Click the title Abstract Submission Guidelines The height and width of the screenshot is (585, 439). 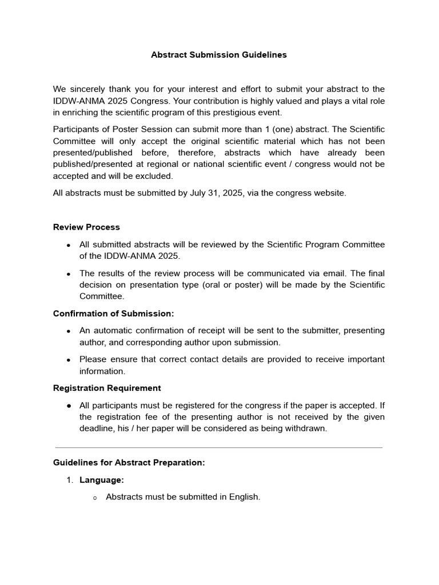coord(219,55)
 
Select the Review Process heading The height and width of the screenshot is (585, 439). coord(86,227)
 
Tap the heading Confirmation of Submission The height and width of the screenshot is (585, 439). coord(113,313)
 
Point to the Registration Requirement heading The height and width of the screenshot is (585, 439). coord(107,388)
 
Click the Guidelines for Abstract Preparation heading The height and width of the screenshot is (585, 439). coord(129,463)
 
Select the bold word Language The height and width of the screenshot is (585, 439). coord(102,480)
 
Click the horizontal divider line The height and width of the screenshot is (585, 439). coord(219,447)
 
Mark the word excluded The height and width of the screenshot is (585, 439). coord(154,176)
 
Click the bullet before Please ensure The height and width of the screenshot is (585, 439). coord(69,360)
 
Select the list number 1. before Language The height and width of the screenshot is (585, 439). coord(70,480)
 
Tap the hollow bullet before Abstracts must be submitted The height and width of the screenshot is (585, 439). coord(95,498)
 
